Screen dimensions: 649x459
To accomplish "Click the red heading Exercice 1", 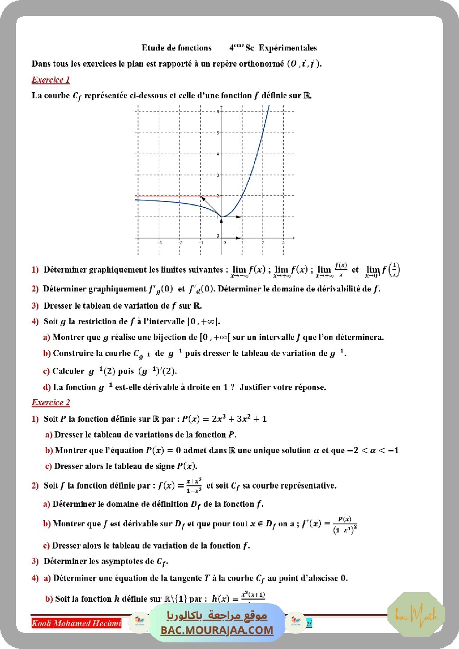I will (x=51, y=80).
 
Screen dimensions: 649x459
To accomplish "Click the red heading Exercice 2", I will (x=51, y=403).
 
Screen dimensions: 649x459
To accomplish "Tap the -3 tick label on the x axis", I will (x=159, y=243).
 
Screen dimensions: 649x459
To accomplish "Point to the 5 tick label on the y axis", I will (x=218, y=132).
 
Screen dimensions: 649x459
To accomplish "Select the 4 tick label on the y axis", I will (x=218, y=153).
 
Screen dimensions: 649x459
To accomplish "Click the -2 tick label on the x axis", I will (x=180, y=243).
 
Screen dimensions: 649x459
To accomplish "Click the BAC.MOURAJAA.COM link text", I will (x=217, y=630).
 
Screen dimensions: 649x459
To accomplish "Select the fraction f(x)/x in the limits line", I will (x=341, y=270).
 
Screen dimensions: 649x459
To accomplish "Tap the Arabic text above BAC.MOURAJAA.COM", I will (x=217, y=616).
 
